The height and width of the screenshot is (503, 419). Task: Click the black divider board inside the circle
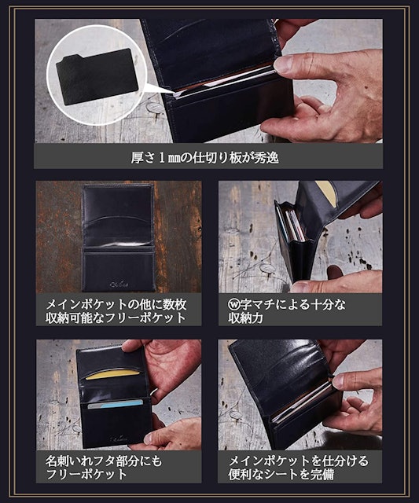coord(97,76)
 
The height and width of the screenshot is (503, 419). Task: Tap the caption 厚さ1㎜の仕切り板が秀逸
coord(204,158)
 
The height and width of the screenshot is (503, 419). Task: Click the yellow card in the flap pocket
coord(112,375)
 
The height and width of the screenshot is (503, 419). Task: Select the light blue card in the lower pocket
coord(116,405)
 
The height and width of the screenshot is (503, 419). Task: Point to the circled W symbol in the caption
coord(233,304)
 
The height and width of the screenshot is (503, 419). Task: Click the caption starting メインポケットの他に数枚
coord(116,311)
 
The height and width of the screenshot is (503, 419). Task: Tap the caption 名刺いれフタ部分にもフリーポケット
coord(104,468)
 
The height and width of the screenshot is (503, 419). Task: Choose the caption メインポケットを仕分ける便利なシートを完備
coord(299,468)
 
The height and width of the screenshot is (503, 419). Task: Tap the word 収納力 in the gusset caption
coord(245,318)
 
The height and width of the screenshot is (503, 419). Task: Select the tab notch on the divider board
coord(72,60)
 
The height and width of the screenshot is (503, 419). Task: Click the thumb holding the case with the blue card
coord(151,439)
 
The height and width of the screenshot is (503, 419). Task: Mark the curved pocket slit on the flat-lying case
coord(117,219)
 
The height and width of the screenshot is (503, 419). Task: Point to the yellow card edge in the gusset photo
coord(325,190)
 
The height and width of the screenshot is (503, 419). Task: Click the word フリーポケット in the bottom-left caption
coord(86,475)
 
